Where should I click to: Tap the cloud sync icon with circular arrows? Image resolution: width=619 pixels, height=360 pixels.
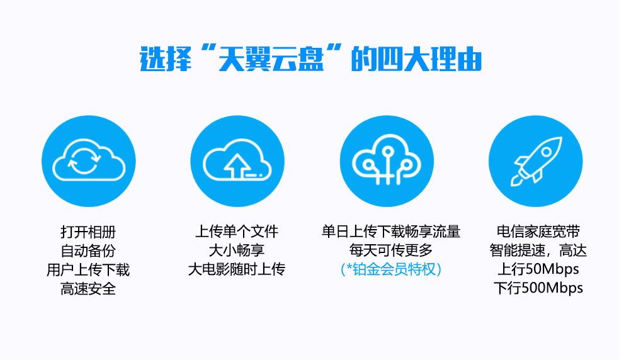coord(89,160)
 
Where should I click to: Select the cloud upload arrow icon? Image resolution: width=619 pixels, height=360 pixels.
coord(237,160)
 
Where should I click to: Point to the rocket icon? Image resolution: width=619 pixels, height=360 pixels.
coord(536,161)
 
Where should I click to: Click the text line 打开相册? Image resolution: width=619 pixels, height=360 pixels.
coord(88,232)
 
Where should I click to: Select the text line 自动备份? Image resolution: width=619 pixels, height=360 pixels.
coord(88,250)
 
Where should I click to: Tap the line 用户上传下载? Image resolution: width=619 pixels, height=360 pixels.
coord(88,269)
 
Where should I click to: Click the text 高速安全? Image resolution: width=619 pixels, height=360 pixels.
coord(88,288)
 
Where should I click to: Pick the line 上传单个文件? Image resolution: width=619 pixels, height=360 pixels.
coord(237,232)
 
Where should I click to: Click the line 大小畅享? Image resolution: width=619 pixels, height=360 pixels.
coord(237,250)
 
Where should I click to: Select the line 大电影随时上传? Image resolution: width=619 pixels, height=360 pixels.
coord(237,269)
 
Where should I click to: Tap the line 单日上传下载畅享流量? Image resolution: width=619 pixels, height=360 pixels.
coord(391,232)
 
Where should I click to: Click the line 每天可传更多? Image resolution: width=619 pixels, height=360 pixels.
coord(391,250)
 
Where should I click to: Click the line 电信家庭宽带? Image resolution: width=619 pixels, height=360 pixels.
coord(538,232)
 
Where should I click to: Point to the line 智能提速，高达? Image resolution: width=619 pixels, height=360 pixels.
coord(538,250)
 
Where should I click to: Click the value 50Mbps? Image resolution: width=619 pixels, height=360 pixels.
coord(552,269)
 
